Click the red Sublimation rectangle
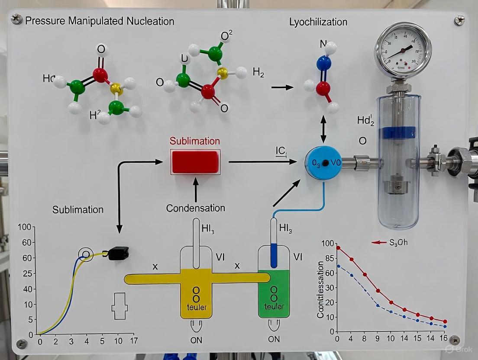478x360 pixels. click(195, 161)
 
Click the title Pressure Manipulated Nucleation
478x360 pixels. click(100, 21)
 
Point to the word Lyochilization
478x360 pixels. click(318, 22)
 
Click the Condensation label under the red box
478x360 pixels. click(195, 208)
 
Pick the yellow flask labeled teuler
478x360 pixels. click(196, 294)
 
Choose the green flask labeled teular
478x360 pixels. click(273, 294)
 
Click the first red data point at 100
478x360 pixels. click(338, 248)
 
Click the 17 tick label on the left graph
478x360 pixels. click(134, 341)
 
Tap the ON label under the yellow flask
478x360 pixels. click(196, 340)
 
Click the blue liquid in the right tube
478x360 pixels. click(273, 255)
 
